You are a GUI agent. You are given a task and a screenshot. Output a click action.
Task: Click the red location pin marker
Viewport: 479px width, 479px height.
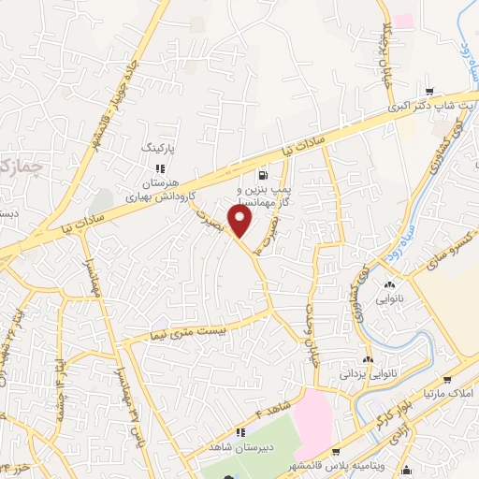240,222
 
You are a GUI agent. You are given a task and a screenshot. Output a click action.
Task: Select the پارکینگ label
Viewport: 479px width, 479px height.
157,149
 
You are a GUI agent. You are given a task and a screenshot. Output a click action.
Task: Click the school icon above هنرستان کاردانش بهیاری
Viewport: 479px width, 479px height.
159,168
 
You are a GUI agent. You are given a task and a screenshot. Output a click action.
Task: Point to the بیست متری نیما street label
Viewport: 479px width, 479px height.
177,330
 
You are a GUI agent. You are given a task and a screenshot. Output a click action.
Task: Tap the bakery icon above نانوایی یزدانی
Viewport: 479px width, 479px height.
369,360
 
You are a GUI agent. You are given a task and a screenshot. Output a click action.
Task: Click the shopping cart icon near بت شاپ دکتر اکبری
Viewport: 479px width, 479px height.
428,91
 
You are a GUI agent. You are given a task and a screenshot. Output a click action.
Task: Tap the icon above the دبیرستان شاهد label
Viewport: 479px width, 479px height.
239,431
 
